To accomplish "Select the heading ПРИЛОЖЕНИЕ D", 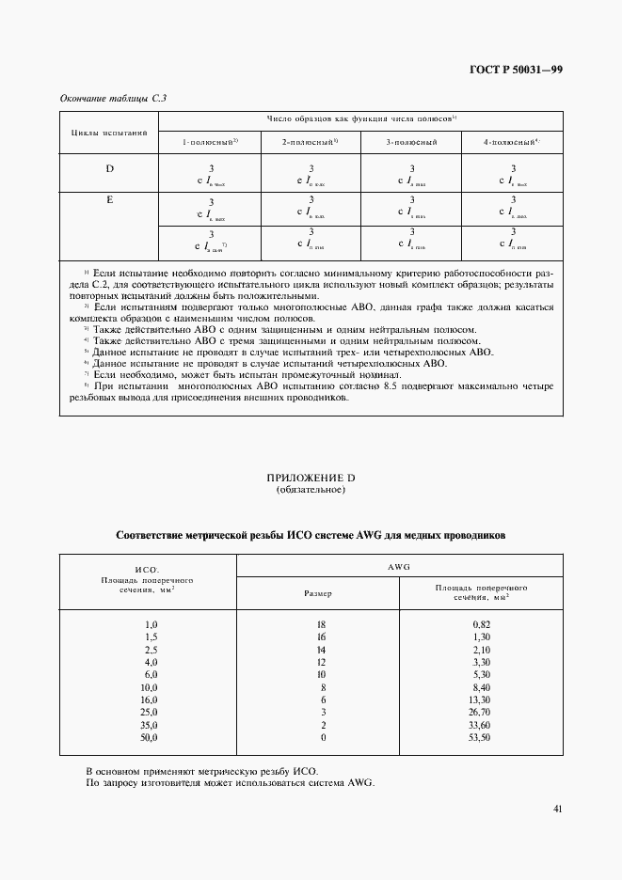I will [x=311, y=479].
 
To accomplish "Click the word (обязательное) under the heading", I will [x=311, y=490].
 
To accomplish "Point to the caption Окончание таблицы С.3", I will [x=105, y=98].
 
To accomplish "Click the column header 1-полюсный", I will [x=210, y=141].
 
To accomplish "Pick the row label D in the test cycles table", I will [x=109, y=168].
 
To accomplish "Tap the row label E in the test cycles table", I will [x=109, y=200].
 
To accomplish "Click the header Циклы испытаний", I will [x=109, y=133].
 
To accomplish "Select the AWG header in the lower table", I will [x=400, y=567].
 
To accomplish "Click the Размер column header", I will [x=317, y=593].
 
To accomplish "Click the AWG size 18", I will [x=320, y=624].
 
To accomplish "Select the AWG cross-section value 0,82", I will [x=481, y=624].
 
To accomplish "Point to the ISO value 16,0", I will [x=150, y=701].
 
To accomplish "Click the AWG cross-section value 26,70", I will [x=479, y=715].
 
